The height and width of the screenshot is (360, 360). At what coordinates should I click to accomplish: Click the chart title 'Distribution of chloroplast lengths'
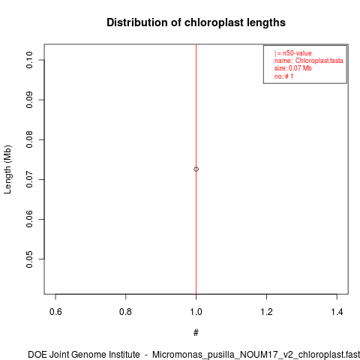196,22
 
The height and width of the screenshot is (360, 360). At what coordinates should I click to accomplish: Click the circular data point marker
196,169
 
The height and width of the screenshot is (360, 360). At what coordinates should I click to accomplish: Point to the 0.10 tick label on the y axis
29,60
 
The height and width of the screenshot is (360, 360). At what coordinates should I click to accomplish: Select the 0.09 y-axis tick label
29,100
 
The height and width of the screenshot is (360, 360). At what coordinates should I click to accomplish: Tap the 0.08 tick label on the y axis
29,139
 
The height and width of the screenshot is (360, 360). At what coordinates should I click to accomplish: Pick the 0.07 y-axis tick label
29,179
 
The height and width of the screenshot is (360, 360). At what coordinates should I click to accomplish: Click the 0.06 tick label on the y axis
29,219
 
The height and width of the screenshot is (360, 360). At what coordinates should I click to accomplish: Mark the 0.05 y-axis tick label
29,259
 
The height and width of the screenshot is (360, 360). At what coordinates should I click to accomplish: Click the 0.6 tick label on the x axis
55,312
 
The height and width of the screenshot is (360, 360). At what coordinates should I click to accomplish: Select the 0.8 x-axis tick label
126,312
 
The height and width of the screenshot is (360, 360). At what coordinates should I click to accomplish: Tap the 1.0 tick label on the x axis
196,312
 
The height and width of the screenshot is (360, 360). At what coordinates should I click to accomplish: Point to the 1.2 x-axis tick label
266,312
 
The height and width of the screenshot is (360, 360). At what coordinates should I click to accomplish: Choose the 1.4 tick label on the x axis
337,312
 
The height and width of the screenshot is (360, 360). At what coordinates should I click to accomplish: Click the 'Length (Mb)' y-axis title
7,169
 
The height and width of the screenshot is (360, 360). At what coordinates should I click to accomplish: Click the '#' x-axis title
196,333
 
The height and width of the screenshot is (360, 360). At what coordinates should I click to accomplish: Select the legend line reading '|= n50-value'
293,53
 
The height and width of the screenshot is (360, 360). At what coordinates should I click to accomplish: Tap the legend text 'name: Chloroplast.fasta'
308,61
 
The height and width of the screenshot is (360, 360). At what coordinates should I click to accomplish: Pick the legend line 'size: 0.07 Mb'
293,68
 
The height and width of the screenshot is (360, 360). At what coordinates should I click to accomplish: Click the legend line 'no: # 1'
283,76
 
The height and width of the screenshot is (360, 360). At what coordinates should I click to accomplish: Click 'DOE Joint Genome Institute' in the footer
84,355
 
